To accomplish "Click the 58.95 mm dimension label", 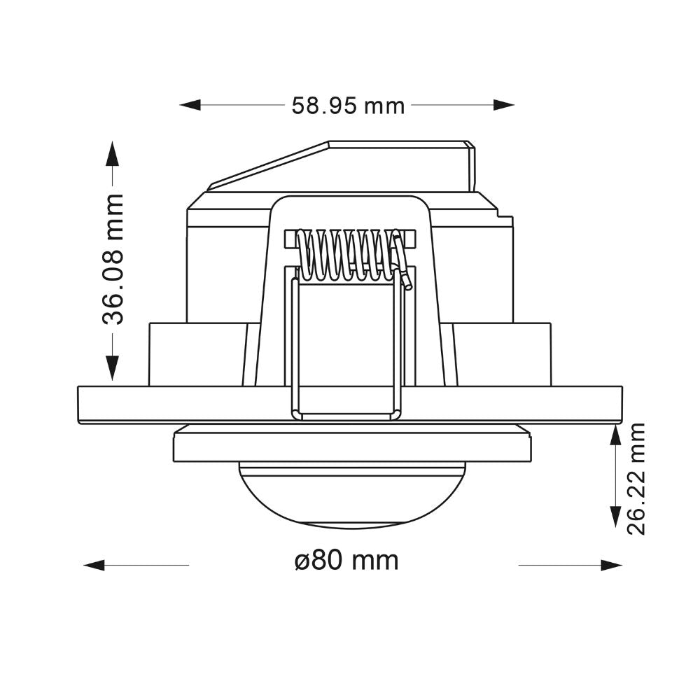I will [348, 106].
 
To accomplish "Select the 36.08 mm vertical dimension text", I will [112, 260].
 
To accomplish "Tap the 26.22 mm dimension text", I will [636, 478].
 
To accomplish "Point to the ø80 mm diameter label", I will [346, 561].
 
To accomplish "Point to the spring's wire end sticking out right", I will [405, 276].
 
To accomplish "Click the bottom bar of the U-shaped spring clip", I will [347, 416].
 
